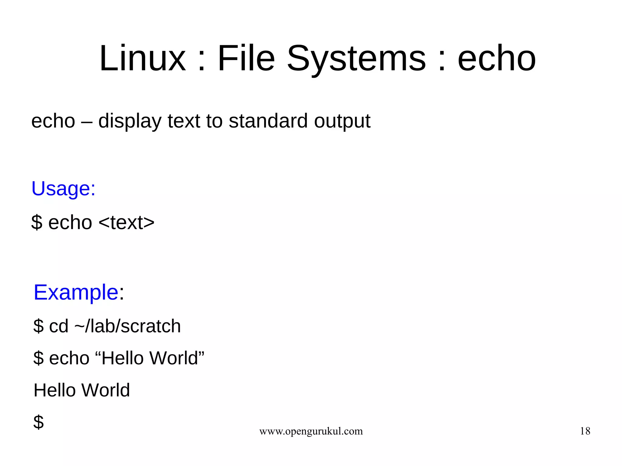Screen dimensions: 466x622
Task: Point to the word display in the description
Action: tap(130, 121)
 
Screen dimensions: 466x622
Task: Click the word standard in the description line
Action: tap(268, 121)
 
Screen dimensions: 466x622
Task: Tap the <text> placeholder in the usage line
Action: tap(127, 223)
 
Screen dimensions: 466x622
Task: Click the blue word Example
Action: tap(76, 293)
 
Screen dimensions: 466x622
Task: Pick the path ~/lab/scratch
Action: tap(128, 326)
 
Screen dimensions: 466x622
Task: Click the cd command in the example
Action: tap(59, 326)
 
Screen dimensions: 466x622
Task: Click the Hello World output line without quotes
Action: tap(82, 390)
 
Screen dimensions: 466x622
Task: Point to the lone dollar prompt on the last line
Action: tap(39, 422)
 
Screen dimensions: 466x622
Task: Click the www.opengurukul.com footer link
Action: tap(311, 431)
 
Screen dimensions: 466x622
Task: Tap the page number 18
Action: tap(585, 431)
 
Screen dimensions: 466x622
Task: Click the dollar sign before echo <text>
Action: tap(37, 223)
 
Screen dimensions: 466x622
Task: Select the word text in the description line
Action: tap(184, 121)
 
